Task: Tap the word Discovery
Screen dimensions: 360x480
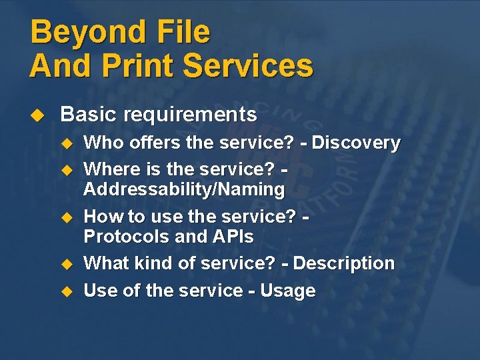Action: pyautogui.click(x=357, y=143)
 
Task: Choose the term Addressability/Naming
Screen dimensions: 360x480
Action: pyautogui.click(x=184, y=189)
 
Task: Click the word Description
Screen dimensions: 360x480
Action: pyautogui.click(x=344, y=263)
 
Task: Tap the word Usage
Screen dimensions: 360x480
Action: pyautogui.click(x=288, y=291)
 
